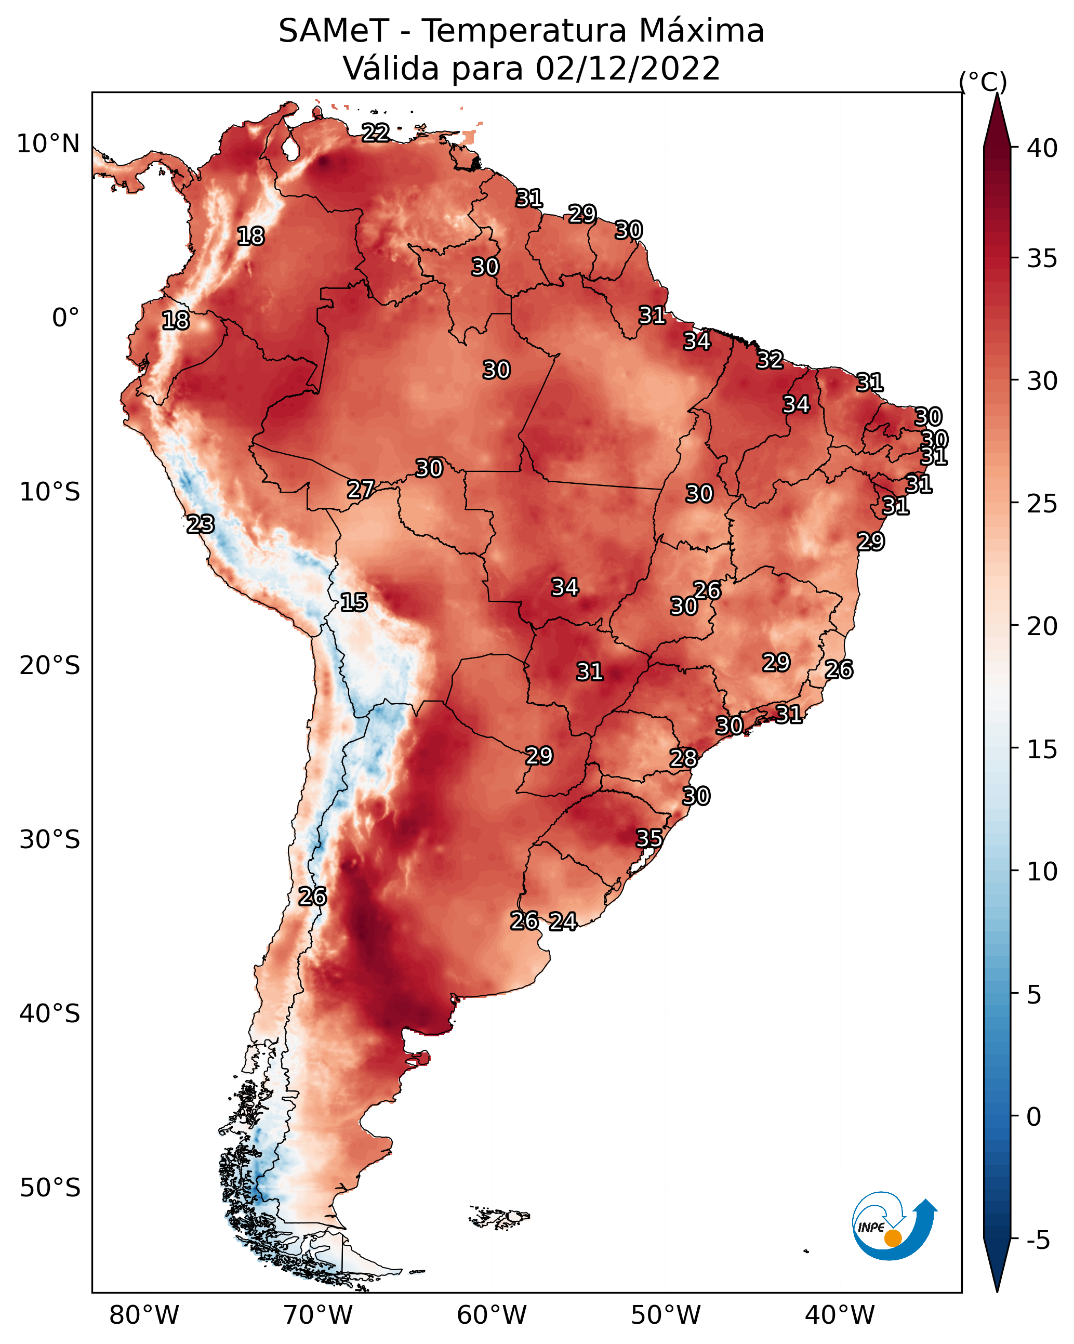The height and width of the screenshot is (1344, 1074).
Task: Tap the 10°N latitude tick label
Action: (48, 144)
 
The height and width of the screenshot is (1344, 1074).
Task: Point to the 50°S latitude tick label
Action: (50, 1188)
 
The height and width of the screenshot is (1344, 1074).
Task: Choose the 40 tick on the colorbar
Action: (1042, 148)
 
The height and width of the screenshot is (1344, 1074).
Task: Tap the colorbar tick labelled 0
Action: (1033, 1117)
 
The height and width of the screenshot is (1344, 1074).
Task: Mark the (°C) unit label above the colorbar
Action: (983, 82)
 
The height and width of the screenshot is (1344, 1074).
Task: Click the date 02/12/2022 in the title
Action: (628, 69)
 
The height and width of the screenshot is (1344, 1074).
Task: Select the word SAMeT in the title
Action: (334, 31)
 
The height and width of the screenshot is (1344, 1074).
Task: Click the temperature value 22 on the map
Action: (376, 132)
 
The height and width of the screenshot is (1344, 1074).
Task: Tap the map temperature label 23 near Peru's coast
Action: (201, 524)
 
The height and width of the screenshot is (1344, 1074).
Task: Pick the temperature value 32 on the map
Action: (770, 360)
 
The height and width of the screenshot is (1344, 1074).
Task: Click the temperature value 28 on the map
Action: (683, 758)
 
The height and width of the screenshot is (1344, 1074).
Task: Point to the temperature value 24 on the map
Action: (563, 921)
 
